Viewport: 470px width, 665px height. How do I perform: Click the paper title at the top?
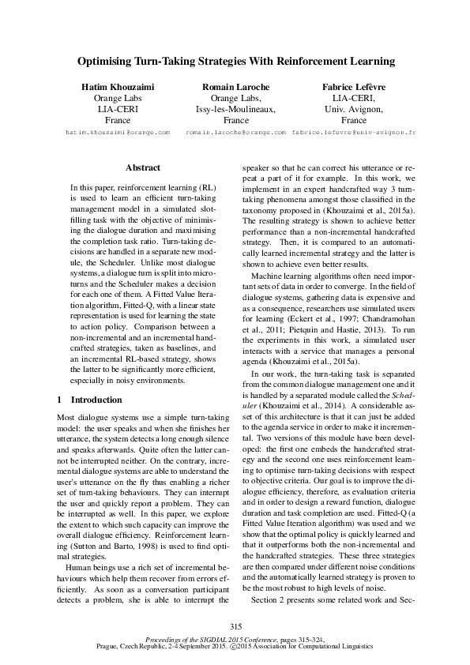coord(235,60)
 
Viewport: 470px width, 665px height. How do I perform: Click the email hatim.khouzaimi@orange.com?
coord(118,133)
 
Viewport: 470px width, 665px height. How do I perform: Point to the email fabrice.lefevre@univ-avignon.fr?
coord(353,133)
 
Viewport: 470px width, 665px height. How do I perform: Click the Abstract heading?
coord(143,168)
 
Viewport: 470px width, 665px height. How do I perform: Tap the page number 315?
coord(235,626)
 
